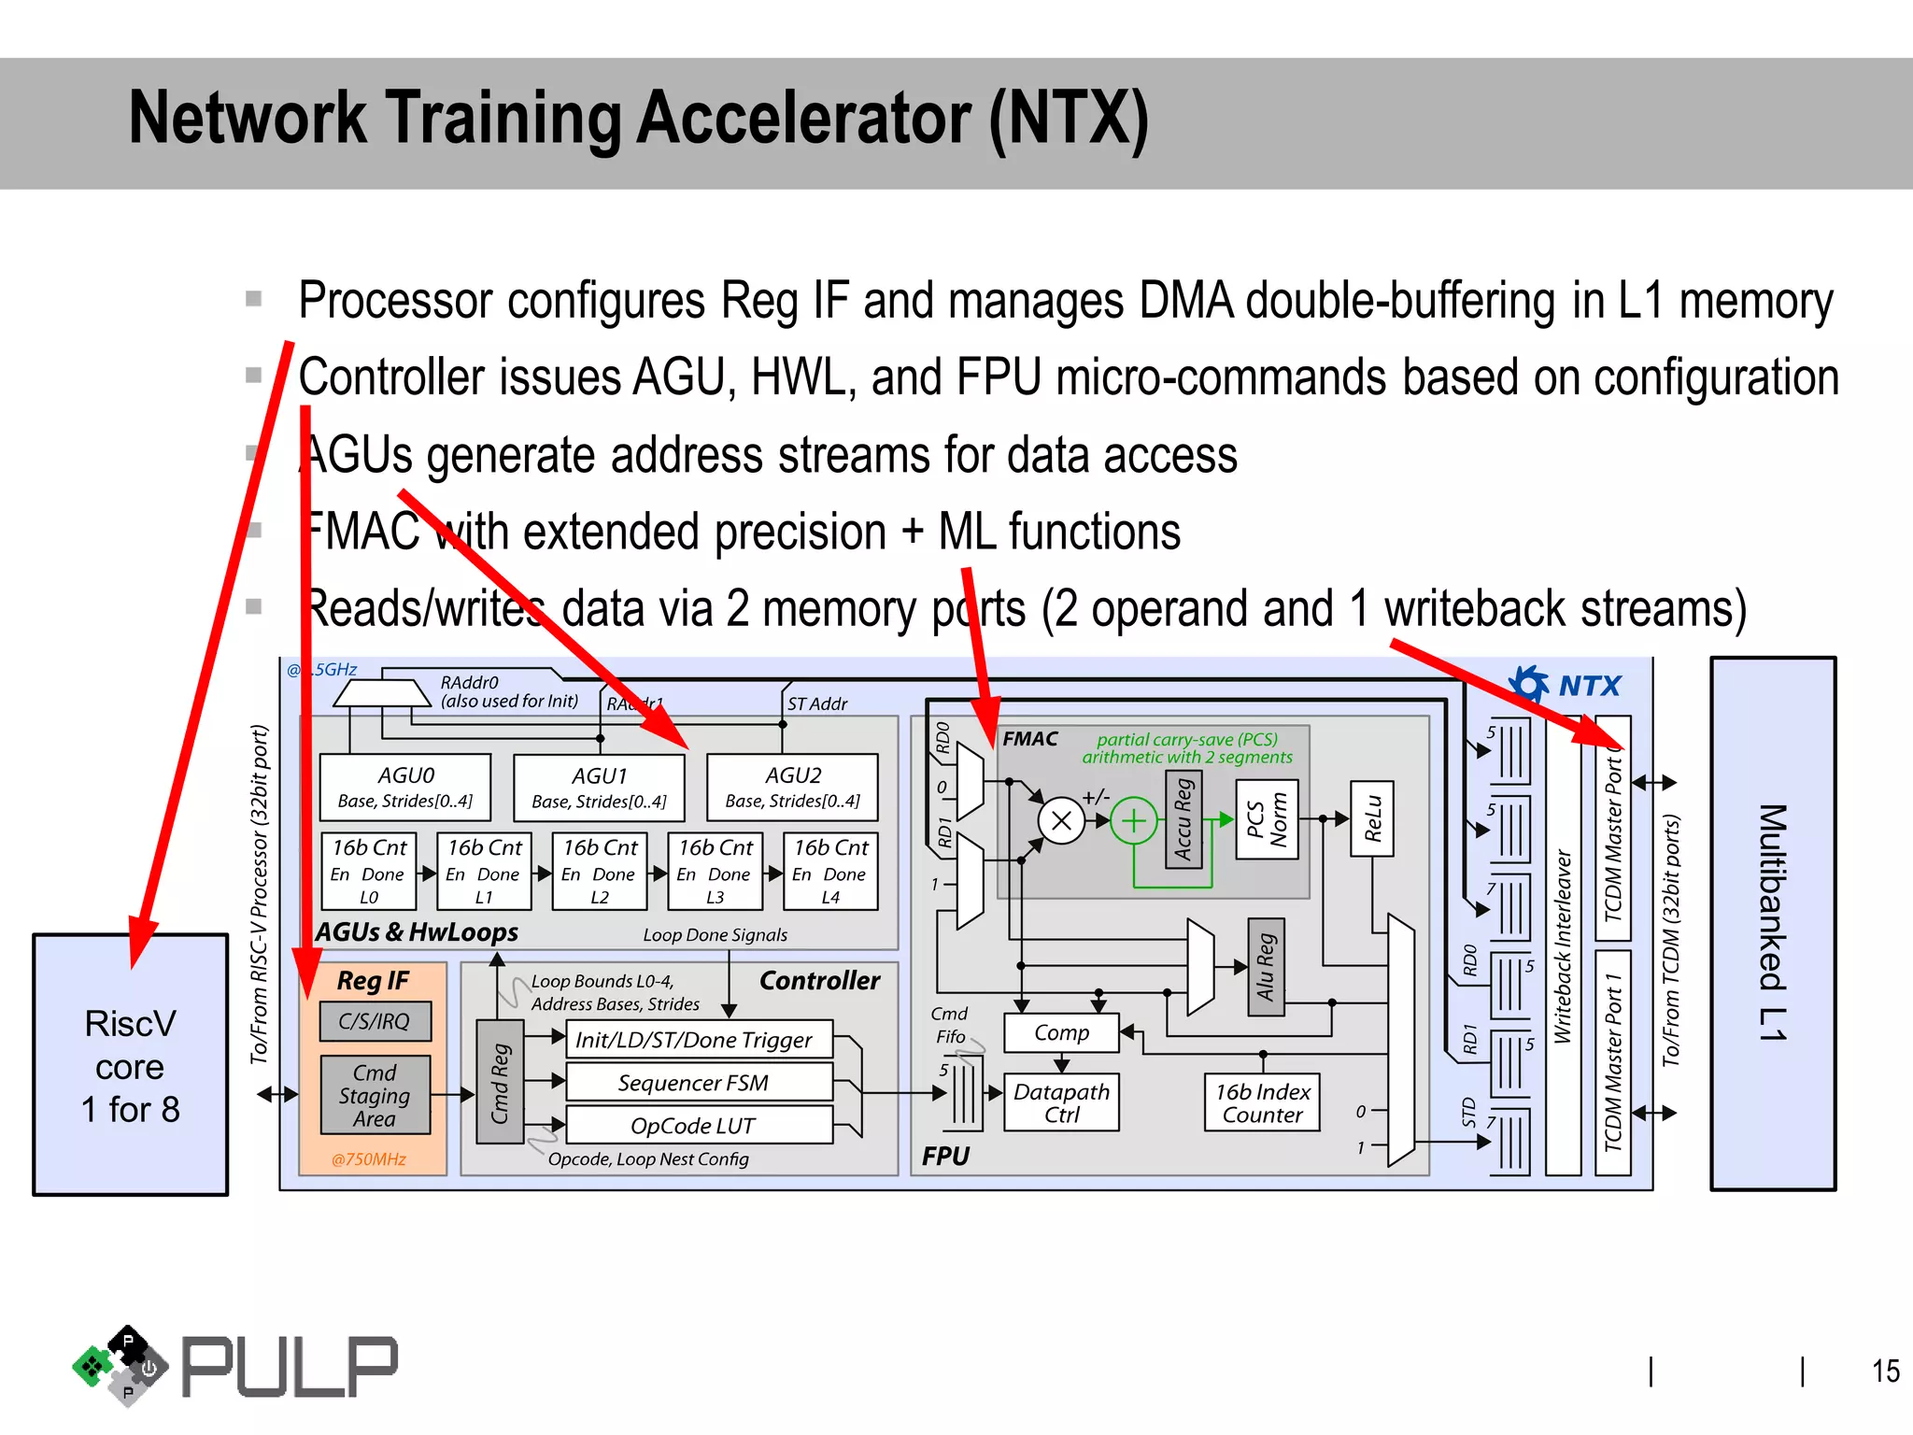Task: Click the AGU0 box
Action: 404,787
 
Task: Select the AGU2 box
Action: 792,787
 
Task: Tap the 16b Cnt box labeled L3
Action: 715,871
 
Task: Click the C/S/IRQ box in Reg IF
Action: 375,1021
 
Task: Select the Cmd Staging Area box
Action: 375,1095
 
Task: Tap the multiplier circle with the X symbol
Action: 1061,821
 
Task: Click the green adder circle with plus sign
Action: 1133,821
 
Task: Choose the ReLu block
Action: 1371,818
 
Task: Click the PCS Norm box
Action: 1267,819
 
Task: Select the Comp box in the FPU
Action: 1061,1032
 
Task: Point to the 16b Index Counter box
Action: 1262,1102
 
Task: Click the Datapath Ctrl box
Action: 1061,1102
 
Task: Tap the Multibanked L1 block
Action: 1772,923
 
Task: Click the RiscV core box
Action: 131,1065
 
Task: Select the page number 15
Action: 1885,1371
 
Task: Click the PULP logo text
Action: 290,1367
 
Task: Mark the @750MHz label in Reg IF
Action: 369,1159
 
